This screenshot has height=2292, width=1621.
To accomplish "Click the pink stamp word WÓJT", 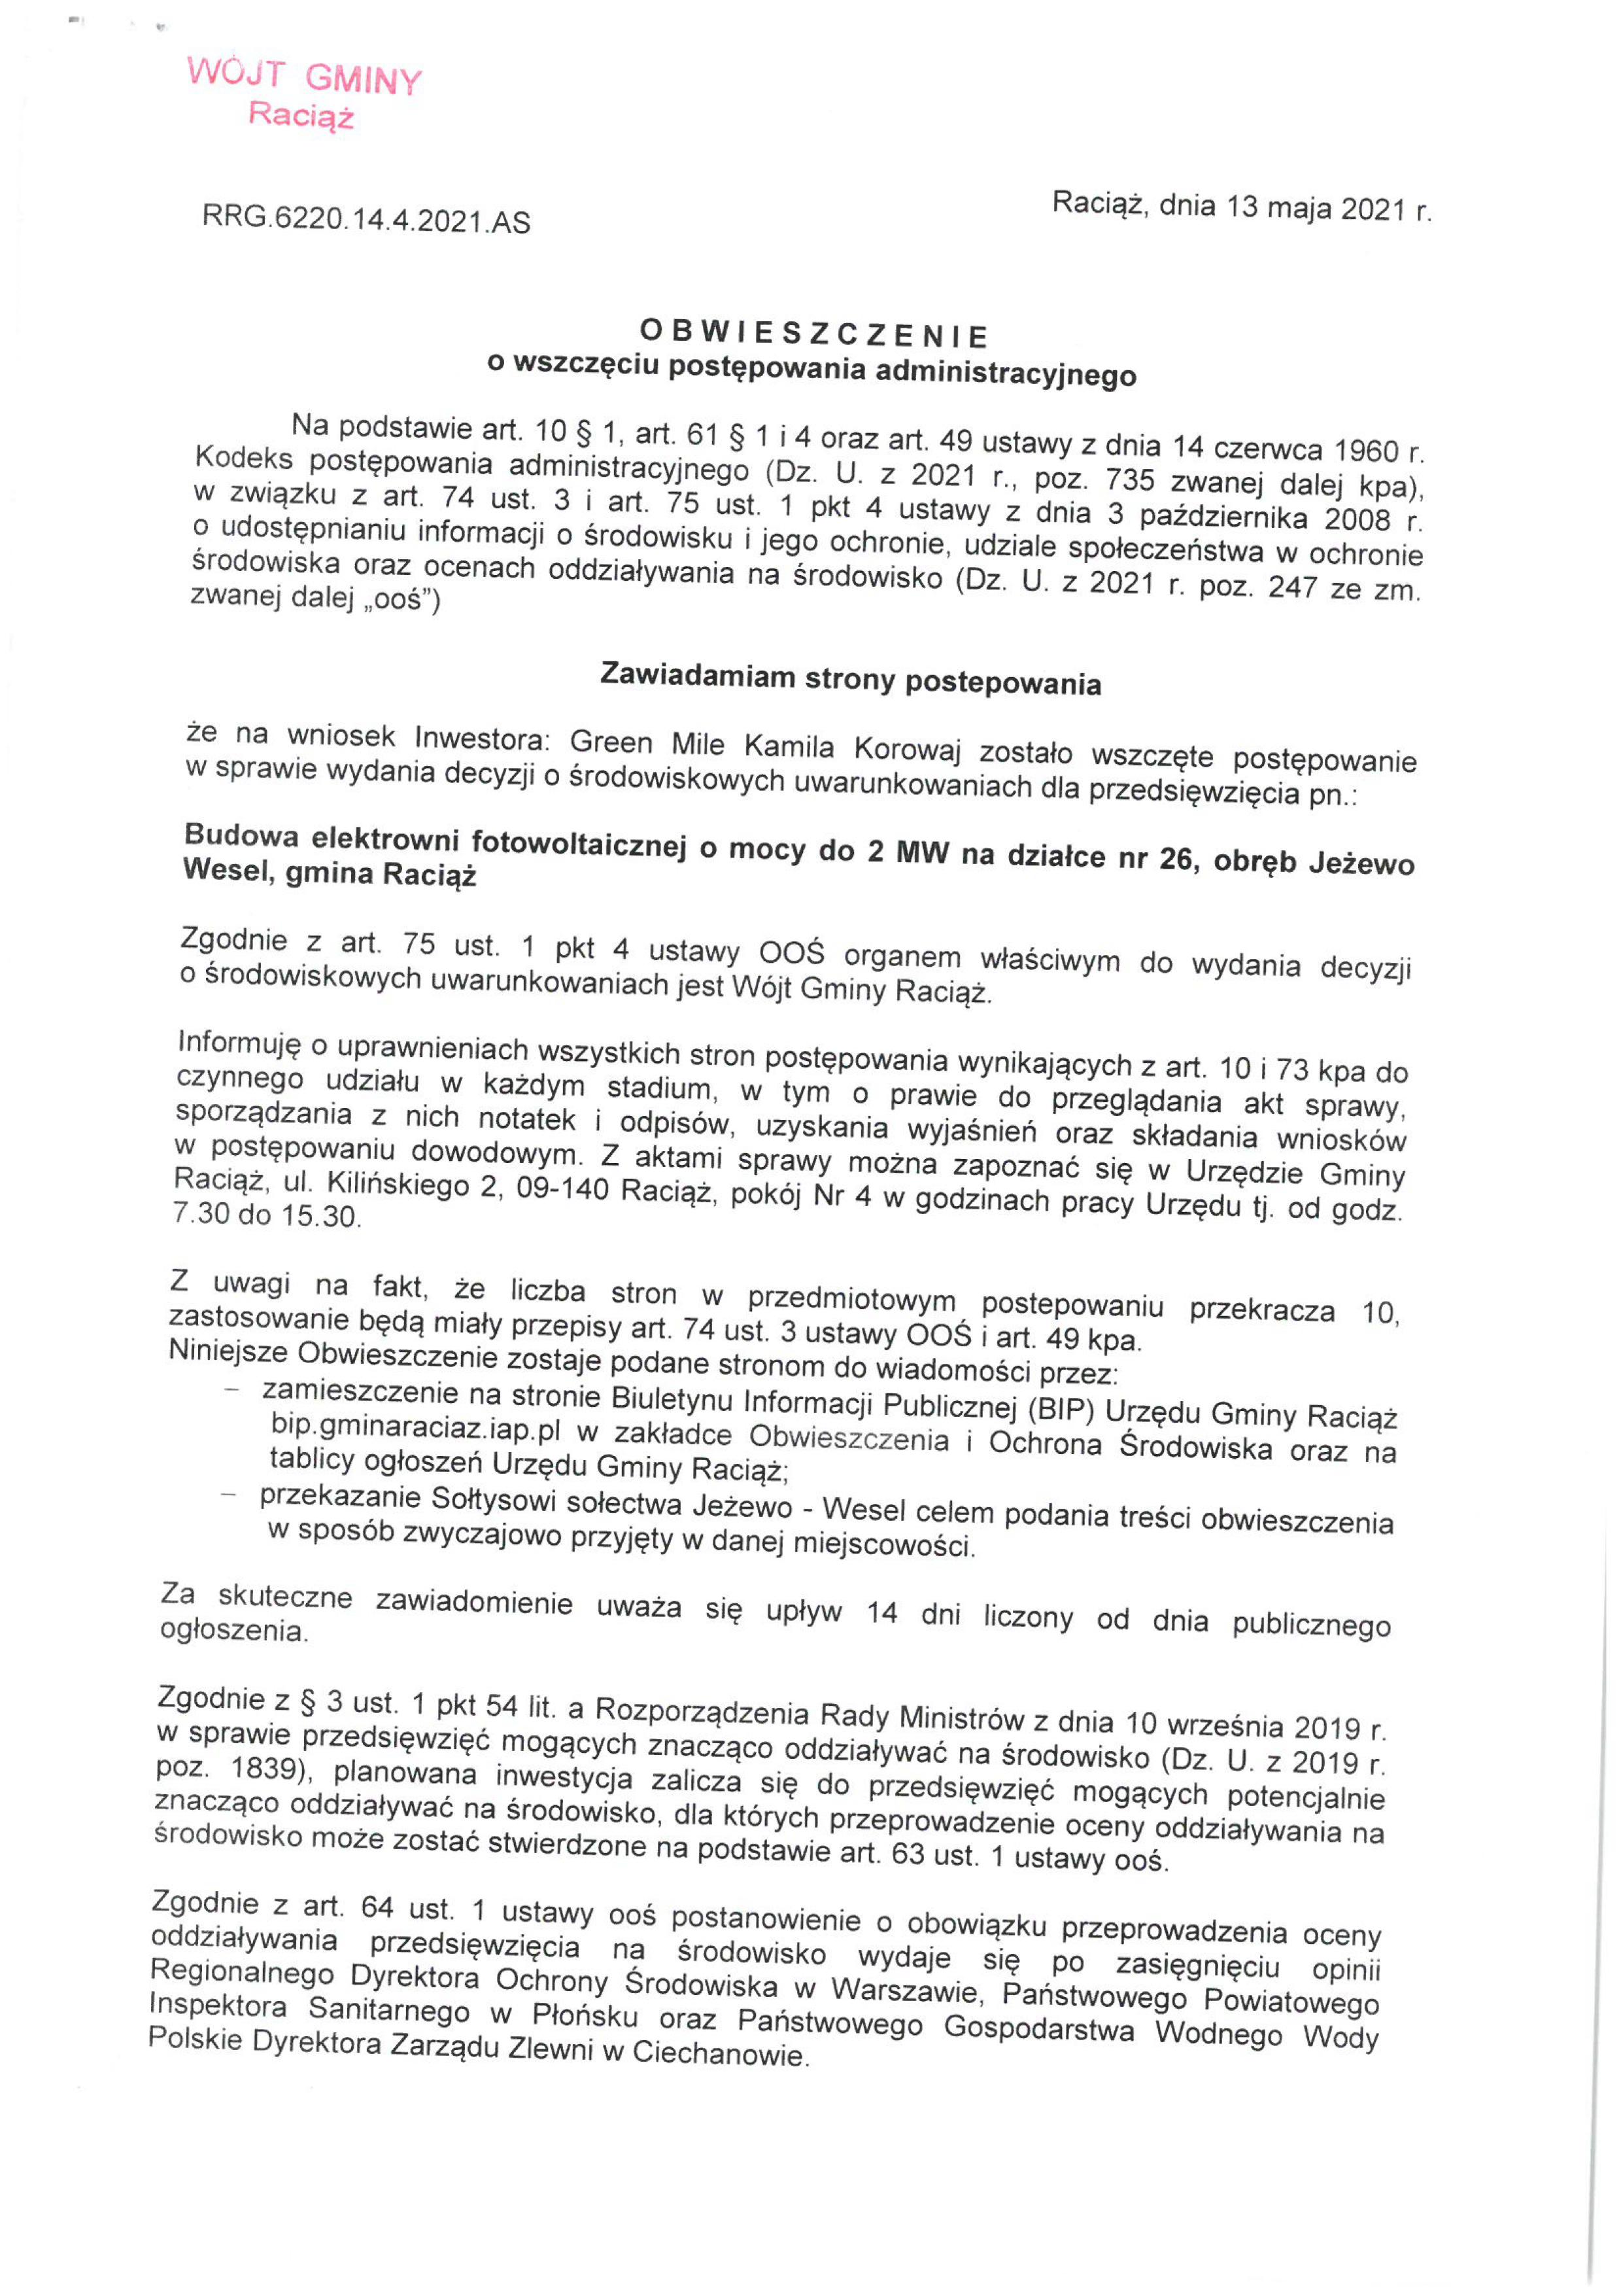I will (x=237, y=74).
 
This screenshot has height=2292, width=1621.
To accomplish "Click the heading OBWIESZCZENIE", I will (x=813, y=332).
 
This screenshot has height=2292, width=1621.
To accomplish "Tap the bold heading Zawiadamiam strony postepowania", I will (x=851, y=680).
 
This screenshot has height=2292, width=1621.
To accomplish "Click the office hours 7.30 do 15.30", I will (x=267, y=1217).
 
